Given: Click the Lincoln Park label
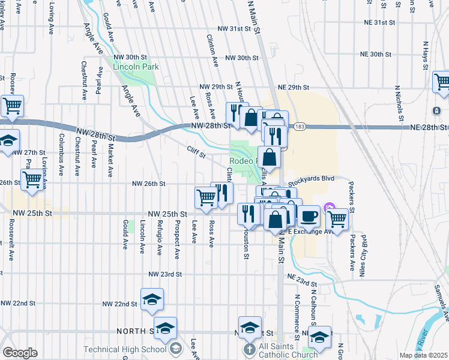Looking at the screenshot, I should pos(136,67).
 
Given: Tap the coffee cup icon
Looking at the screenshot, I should pos(309,215).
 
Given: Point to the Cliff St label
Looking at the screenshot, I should pos(196,153).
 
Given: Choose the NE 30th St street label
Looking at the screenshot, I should pos(385,54).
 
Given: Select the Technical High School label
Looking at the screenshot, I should pos(125,349).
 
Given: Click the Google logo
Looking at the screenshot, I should pos(20,353).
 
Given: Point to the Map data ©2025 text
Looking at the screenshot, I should pos(423,355).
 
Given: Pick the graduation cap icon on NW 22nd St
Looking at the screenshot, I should pos(152,299).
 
